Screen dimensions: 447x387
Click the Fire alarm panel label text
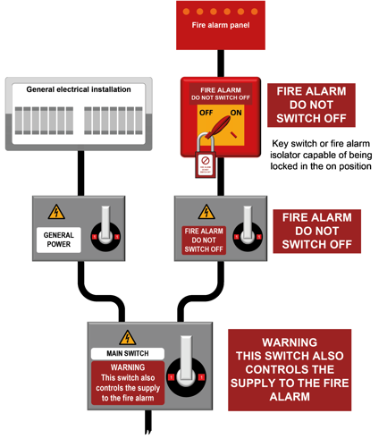point(220,26)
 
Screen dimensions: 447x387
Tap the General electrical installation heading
point(79,89)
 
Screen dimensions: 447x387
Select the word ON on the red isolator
point(236,114)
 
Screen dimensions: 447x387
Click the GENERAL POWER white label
point(58,240)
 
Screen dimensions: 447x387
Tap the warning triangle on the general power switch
point(57,213)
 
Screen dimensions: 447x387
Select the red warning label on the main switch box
point(127,383)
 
